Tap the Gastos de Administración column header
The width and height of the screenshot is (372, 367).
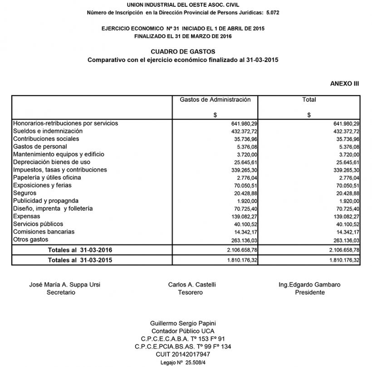click(215, 100)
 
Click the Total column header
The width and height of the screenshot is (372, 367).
click(309, 100)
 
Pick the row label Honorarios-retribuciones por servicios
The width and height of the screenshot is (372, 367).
click(65, 123)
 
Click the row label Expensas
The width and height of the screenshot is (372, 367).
click(27, 216)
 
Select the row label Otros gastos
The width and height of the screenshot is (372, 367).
click(31, 239)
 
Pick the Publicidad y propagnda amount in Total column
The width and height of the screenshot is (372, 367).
click(348, 201)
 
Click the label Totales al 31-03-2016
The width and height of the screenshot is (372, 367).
click(80, 249)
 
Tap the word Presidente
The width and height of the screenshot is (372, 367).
click(309, 292)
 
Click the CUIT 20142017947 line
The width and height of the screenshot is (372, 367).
click(186, 354)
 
